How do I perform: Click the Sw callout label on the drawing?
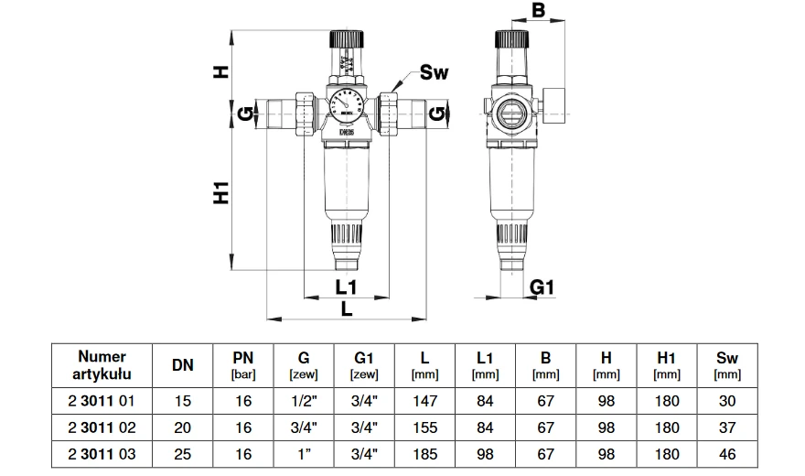pos(434,73)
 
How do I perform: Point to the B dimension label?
pos(538,11)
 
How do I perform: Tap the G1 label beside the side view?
pos(543,287)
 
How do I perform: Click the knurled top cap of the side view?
pos(509,39)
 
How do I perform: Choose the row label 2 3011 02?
pos(102,427)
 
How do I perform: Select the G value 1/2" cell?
pos(303,400)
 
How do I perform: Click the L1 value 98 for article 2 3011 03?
pos(485,453)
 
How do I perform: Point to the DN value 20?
pos(182,427)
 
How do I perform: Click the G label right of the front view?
pos(438,114)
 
